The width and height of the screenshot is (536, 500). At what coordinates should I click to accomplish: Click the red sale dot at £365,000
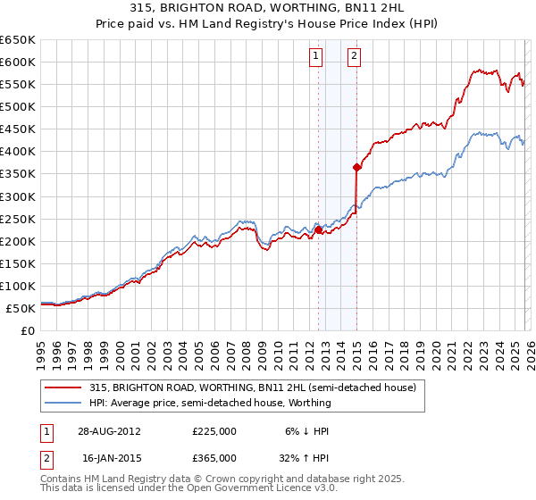pos(356,167)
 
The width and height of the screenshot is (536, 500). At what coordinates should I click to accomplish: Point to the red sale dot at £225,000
pos(319,229)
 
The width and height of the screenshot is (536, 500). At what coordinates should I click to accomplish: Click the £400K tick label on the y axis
pos(17,152)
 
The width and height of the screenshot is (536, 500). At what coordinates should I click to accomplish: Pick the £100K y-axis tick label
pos(17,286)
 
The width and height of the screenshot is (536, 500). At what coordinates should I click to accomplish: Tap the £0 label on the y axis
pos(26,330)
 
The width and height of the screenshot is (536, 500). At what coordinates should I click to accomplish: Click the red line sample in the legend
pos(64,388)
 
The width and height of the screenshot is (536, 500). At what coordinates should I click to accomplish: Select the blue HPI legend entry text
pos(210,403)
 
